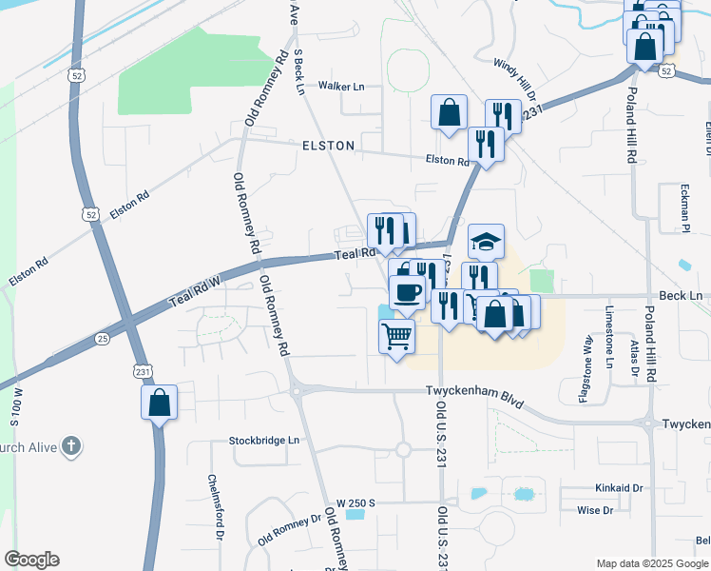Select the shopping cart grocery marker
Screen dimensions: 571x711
(397, 334)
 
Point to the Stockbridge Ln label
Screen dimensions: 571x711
(263, 441)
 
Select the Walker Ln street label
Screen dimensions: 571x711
(341, 87)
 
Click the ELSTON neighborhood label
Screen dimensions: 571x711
(328, 146)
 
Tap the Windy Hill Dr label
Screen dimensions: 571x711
(514, 79)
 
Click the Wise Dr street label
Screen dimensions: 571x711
(594, 511)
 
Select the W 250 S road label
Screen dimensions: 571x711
(356, 502)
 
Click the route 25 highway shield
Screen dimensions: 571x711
(103, 339)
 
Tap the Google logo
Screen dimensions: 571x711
(32, 559)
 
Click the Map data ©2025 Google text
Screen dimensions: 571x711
(651, 563)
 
